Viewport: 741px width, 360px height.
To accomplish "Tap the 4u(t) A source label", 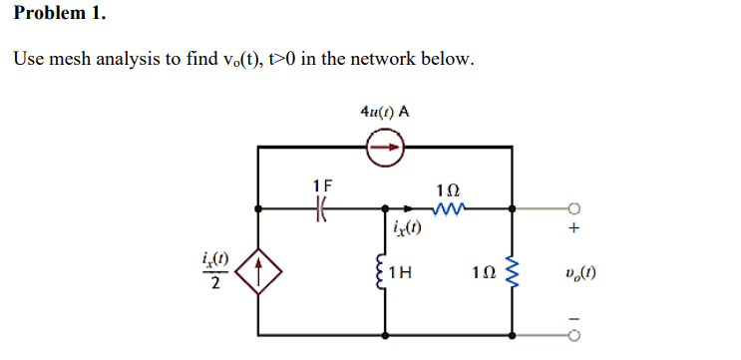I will coord(384,111).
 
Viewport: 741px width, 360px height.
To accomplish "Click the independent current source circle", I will coord(385,149).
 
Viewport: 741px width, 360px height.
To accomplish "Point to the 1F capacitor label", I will coord(322,185).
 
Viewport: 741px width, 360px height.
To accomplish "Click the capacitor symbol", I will coord(321,209).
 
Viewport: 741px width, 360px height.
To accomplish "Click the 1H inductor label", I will coord(404,271).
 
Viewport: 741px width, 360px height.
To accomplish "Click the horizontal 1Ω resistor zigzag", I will coord(448,209).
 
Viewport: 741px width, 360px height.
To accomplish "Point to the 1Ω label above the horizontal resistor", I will coord(448,188).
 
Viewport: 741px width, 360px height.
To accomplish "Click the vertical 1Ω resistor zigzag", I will coord(513,271).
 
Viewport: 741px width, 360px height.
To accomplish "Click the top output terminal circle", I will coord(573,209).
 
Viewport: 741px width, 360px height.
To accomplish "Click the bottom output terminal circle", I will coord(573,334).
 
